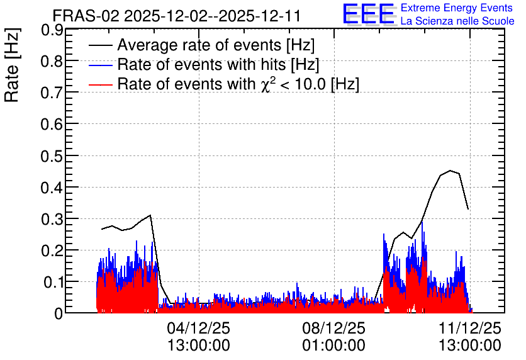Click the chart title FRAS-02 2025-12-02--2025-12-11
176,16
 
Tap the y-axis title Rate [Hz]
12,65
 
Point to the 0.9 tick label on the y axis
52,30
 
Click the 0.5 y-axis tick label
52,156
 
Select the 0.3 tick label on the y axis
52,220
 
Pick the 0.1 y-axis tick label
52,283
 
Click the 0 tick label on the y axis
59,314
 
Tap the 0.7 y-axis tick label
52,93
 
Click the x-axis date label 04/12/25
199,328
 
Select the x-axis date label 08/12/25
333,328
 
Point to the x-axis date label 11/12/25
470,328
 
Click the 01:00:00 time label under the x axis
333,346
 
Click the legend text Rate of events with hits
201,64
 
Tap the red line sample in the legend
100,84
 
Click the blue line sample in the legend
100,65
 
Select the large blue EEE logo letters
368,14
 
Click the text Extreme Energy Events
457,8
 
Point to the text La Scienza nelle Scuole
457,21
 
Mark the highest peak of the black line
450,171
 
